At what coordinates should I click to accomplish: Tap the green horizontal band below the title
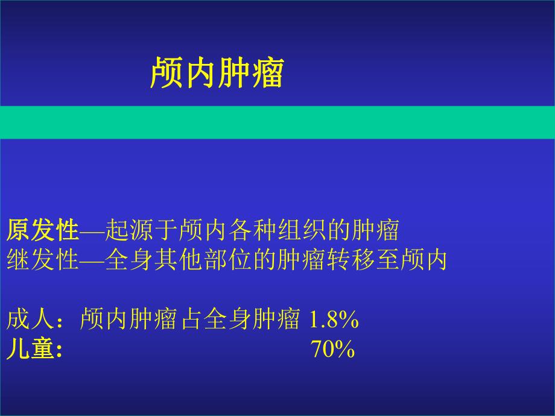277,122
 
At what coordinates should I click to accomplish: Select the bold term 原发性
43,230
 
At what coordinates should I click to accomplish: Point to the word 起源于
141,230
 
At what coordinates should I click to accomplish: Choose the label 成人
31,320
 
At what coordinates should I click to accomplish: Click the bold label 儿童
31,350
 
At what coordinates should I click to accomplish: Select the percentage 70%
332,350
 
